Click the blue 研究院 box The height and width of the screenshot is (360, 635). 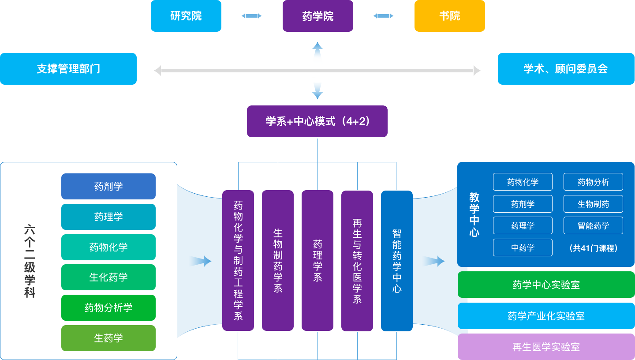[186, 16]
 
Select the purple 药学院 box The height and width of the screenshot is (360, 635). [317, 16]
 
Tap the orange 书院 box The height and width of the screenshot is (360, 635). [449, 16]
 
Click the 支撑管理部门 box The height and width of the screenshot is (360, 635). [68, 69]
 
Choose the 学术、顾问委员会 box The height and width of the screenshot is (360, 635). [566, 69]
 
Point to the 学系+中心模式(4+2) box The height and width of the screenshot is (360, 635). [317, 121]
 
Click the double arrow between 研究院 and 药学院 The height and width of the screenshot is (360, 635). [251, 16]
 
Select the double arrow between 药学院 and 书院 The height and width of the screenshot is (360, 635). [383, 16]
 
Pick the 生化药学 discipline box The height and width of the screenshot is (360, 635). [108, 277]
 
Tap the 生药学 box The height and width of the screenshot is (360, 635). [108, 338]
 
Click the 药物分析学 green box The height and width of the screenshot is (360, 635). [108, 307]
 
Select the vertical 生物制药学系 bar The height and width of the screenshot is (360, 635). [278, 260]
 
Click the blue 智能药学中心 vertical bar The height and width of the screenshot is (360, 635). [397, 260]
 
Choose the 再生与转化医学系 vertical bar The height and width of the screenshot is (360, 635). [357, 260]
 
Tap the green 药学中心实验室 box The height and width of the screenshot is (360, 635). [546, 285]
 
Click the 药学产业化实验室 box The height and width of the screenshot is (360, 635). [546, 316]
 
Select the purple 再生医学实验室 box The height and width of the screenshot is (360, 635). [546, 347]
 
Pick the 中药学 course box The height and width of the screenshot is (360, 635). [523, 247]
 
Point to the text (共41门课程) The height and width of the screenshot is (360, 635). [593, 248]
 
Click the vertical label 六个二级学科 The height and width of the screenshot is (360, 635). [30, 261]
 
